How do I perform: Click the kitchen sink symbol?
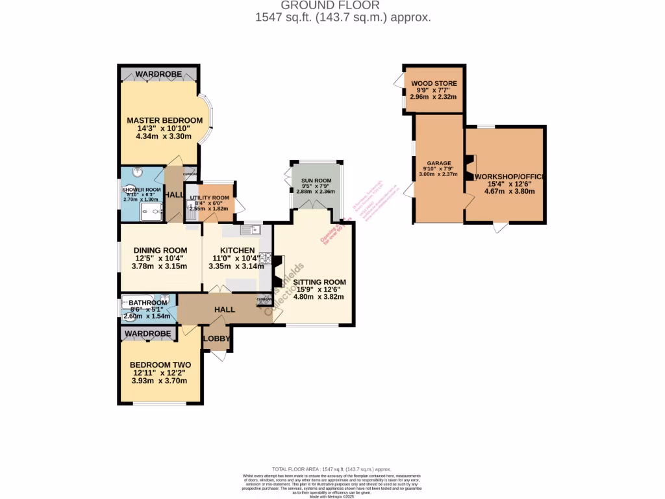click(249, 229)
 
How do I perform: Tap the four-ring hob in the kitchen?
click(265, 257)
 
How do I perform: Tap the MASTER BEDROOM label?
click(164, 120)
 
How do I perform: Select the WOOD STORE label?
click(433, 84)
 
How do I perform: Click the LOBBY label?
click(216, 339)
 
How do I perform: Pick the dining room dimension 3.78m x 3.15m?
click(160, 266)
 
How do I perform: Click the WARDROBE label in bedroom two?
click(148, 334)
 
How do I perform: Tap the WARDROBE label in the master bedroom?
click(158, 74)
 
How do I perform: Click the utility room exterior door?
click(240, 207)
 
